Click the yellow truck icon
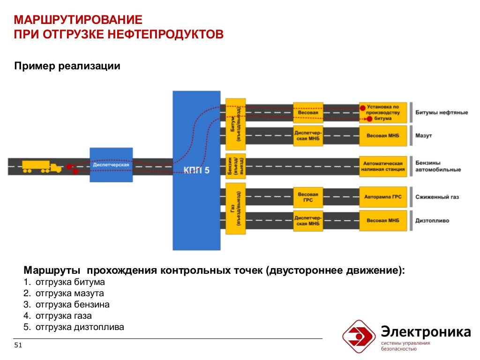point(42,166)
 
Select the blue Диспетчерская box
point(111,165)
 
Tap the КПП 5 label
point(196,170)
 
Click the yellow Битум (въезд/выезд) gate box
point(235,123)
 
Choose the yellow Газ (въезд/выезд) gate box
point(235,209)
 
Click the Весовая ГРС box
point(308,197)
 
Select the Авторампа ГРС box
point(383,197)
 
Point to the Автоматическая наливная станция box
point(383,166)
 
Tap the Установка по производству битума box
point(383,112)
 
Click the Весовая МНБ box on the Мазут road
point(383,136)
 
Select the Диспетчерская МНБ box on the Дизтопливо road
point(308,220)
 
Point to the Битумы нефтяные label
point(441,113)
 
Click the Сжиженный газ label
point(437,197)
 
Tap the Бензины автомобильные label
point(438,166)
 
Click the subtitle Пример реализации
point(67,66)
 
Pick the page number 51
point(19,345)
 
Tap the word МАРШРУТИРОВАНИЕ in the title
point(78,21)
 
